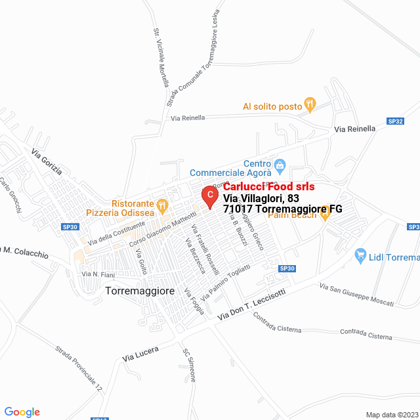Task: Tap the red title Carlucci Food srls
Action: (x=269, y=186)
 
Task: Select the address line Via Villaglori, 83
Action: (x=261, y=198)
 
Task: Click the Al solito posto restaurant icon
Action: (x=310, y=104)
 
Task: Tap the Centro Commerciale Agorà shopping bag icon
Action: (x=280, y=164)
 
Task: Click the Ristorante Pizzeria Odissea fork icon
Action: (x=163, y=205)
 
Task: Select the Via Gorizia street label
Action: (x=47, y=161)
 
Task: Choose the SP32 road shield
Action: (x=395, y=121)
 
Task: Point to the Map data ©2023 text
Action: (x=391, y=415)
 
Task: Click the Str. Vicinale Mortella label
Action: (x=161, y=58)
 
